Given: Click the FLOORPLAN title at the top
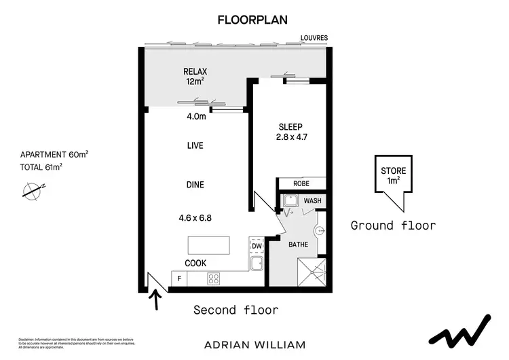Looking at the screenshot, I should (x=254, y=19).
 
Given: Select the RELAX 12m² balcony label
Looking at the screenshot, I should (x=195, y=76).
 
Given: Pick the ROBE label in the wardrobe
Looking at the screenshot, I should (x=302, y=183).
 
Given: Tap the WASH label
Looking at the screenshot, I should (x=312, y=201).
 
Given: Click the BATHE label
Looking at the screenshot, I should (x=299, y=244).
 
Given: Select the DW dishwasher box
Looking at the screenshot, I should (x=256, y=246).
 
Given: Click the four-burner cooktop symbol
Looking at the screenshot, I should (x=214, y=278).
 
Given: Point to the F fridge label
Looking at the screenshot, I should (x=180, y=278).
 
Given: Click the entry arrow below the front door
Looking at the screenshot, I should (x=157, y=300).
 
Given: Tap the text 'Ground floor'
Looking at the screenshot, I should (x=393, y=226).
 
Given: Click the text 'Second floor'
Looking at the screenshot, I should (x=236, y=310).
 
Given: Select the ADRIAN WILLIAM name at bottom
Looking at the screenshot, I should (x=254, y=344).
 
